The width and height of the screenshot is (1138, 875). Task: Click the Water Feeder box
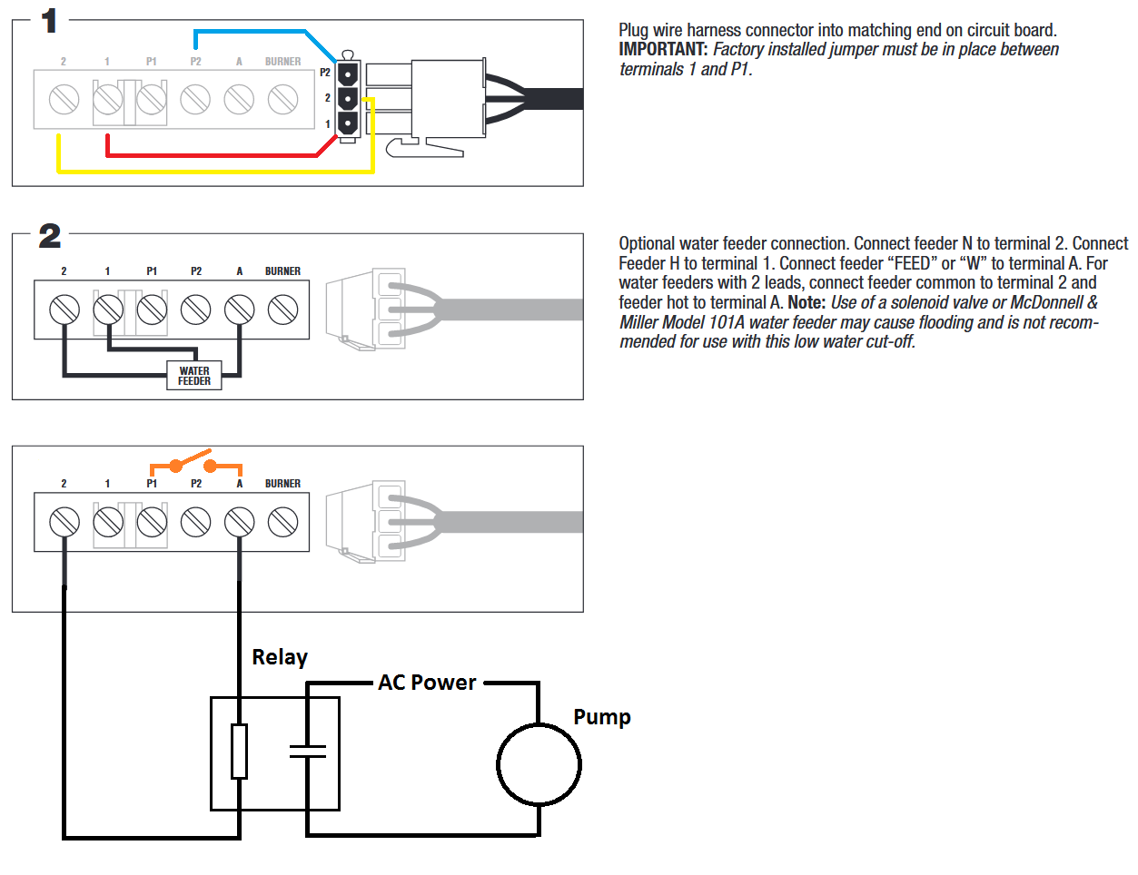(193, 375)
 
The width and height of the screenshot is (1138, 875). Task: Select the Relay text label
(280, 657)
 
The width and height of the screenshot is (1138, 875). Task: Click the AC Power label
(427, 683)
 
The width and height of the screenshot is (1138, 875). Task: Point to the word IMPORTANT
(663, 50)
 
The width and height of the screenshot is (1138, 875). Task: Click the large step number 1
(50, 22)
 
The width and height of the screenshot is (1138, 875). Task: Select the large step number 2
(50, 236)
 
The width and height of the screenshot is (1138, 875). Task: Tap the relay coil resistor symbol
(240, 751)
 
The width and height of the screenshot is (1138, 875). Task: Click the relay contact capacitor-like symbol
(308, 752)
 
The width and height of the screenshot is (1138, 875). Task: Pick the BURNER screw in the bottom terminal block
(282, 522)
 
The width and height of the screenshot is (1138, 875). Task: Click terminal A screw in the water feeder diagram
(240, 310)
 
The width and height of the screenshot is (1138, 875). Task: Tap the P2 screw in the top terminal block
(195, 100)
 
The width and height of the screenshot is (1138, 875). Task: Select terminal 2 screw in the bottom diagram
(64, 522)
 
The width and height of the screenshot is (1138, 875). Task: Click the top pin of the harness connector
(348, 74)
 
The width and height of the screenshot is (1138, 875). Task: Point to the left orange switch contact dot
(175, 466)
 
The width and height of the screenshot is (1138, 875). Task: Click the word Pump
(602, 718)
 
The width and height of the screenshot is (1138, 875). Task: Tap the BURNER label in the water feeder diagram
(282, 271)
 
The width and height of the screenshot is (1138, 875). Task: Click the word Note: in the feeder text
(806, 302)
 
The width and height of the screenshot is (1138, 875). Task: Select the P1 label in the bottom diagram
(152, 484)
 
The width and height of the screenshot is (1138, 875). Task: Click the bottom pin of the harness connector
(348, 124)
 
